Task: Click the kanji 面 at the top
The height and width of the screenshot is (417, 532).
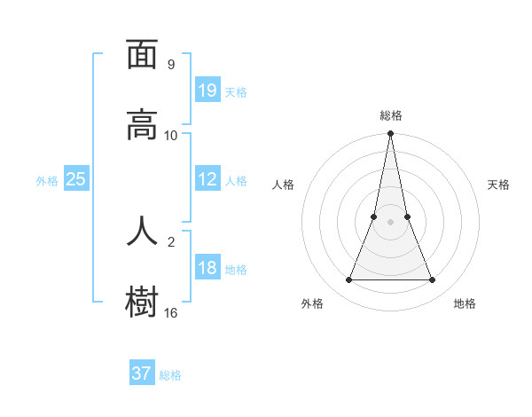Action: coord(142,55)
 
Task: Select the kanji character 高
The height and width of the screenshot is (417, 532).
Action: coord(142,125)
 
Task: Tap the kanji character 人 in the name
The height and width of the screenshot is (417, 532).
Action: coord(142,230)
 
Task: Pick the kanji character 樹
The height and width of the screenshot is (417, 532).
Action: coord(142,302)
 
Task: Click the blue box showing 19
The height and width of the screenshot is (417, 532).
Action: coord(207,90)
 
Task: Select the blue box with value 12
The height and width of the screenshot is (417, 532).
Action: coord(207,179)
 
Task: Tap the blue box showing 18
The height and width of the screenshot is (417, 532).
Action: coord(207,268)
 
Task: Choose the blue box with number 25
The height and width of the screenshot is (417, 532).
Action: coord(76,179)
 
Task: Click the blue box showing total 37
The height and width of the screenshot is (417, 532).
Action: coord(142,374)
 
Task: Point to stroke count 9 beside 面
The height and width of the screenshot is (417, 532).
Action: coord(171,65)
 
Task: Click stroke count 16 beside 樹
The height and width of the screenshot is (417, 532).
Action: coord(171,312)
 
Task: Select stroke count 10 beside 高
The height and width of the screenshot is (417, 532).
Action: coord(171,135)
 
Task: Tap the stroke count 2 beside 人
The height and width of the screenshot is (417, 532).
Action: coord(171,240)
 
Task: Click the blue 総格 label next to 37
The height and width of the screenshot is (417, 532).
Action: coord(170,375)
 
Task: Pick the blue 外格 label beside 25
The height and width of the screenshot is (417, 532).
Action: coord(47,181)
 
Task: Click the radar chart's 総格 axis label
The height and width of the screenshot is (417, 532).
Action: coord(391,115)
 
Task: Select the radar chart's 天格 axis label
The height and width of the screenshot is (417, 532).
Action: coord(498,185)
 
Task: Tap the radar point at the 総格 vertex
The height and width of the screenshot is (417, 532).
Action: coord(391,134)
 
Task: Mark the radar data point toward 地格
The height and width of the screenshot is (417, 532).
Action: coord(433,280)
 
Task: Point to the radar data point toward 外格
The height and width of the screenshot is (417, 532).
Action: coord(348,280)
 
